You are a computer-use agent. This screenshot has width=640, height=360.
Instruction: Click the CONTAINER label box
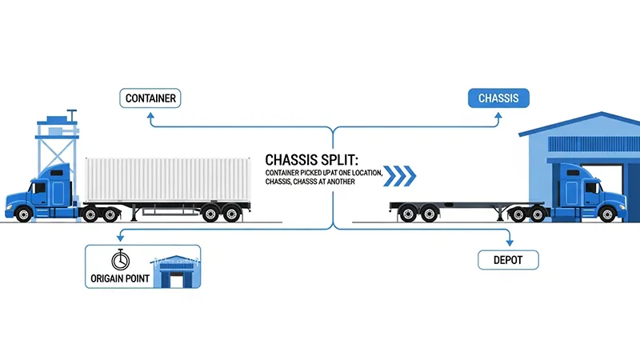[x=150, y=99]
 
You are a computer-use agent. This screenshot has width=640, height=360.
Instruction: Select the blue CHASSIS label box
[x=498, y=99]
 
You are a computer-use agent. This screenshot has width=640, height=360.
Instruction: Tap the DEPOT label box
[x=508, y=259]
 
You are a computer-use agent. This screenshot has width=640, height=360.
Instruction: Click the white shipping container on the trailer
[x=164, y=178]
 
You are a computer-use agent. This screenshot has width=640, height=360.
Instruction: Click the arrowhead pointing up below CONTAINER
[x=150, y=117]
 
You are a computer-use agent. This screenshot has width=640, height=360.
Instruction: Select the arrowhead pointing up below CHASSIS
[x=498, y=117]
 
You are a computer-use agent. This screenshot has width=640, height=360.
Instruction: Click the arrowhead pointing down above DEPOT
[x=508, y=241]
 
